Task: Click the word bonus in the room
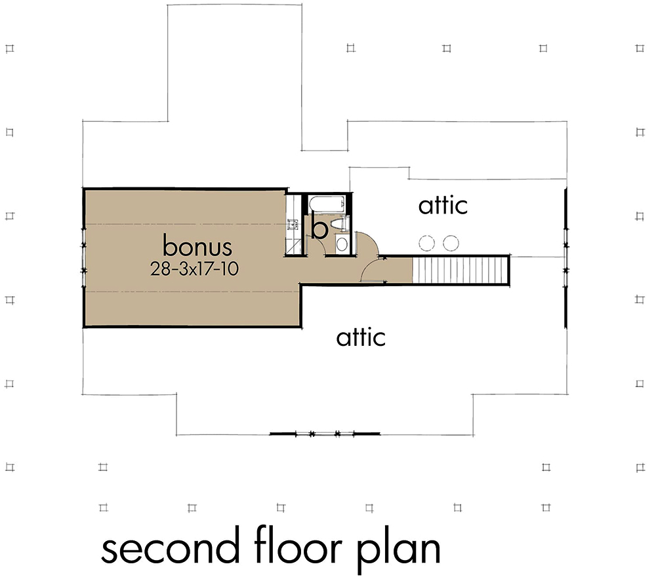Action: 197,247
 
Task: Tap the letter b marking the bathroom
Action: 319,229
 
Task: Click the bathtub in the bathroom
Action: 326,204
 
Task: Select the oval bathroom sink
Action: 341,244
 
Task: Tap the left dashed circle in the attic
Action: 426,243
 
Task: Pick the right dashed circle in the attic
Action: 450,243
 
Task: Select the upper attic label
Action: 443,205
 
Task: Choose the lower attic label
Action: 361,337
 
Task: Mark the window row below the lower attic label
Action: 325,434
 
